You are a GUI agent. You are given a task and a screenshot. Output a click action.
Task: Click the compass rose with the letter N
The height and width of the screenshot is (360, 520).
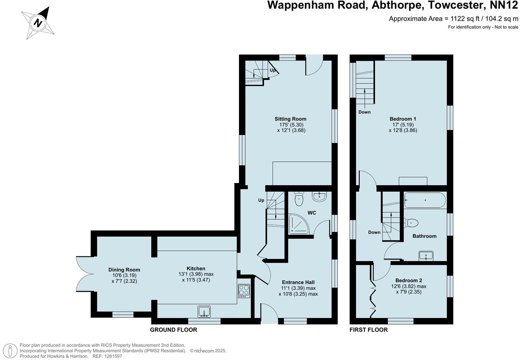tap(38, 24)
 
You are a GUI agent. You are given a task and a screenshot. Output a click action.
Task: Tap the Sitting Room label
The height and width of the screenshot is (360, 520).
tap(290, 119)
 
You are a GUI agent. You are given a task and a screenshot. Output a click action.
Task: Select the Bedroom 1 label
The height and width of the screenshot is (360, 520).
tap(403, 119)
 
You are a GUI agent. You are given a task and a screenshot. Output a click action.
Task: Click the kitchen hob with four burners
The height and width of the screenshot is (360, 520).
tap(244, 291)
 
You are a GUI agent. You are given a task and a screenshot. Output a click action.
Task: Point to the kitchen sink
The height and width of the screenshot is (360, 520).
tap(204, 312)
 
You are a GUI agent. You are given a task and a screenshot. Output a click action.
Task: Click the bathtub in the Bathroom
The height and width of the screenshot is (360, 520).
tap(425, 200)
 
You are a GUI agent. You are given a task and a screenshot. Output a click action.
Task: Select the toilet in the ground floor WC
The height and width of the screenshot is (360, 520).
tap(299, 199)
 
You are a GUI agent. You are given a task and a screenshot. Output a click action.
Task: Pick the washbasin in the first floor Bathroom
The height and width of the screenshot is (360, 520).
tap(426, 256)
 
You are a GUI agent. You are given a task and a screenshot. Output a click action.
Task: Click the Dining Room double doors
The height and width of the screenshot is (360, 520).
tap(84, 274)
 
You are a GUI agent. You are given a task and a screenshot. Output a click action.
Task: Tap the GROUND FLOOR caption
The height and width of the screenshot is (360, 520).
tap(173, 330)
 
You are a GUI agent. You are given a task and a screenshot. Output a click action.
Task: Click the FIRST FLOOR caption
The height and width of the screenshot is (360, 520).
tap(369, 330)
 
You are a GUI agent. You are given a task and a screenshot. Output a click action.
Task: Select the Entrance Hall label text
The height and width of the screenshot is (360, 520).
tap(298, 282)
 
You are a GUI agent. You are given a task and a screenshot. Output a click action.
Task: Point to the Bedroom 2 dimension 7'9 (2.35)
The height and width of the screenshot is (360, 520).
tap(409, 292)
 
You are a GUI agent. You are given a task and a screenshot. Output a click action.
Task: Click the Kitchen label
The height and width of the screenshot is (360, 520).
tap(196, 269)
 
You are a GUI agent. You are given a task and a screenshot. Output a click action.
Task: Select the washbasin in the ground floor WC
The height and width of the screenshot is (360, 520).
tap(319, 197)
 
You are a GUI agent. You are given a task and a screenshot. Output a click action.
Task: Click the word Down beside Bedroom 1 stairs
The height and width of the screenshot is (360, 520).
tap(364, 112)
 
